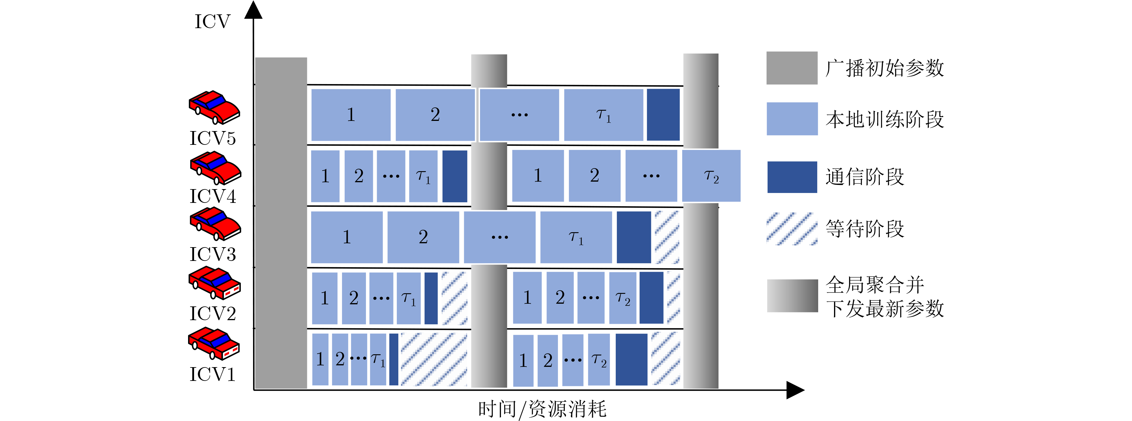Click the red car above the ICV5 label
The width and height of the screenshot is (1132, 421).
pos(214,107)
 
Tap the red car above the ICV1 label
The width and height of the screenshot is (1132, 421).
pos(214,344)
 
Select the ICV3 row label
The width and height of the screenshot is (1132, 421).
pos(213,254)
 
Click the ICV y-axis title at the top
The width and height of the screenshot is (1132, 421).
pos(212,22)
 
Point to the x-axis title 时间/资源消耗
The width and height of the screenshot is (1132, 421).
pos(542,409)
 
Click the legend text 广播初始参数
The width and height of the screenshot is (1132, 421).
pos(885,68)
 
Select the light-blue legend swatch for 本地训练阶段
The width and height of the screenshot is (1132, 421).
pos(792,119)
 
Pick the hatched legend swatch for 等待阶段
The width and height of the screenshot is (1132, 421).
pos(792,229)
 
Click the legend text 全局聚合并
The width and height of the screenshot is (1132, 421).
pos(875,285)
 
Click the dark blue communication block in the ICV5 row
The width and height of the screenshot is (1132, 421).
pos(663,115)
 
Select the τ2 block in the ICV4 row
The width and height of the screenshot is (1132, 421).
pos(711,176)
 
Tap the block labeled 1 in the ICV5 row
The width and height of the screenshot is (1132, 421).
pos(351,115)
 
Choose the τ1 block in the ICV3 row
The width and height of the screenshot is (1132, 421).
pos(576,237)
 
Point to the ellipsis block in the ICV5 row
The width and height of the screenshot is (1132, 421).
pos(519,115)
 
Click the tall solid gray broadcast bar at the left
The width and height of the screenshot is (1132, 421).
pos(281,223)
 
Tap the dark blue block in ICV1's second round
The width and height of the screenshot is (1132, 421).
pos(632,360)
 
